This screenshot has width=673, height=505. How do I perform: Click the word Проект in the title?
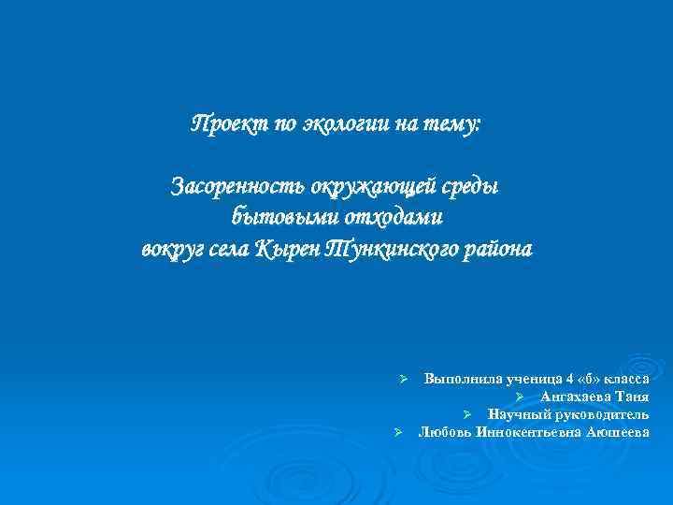[222, 124]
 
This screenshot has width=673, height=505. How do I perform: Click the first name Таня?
[632, 397]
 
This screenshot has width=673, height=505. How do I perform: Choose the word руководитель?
[599, 414]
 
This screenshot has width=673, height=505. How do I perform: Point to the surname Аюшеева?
[617, 432]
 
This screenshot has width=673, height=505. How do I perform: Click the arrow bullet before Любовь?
[397, 432]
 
